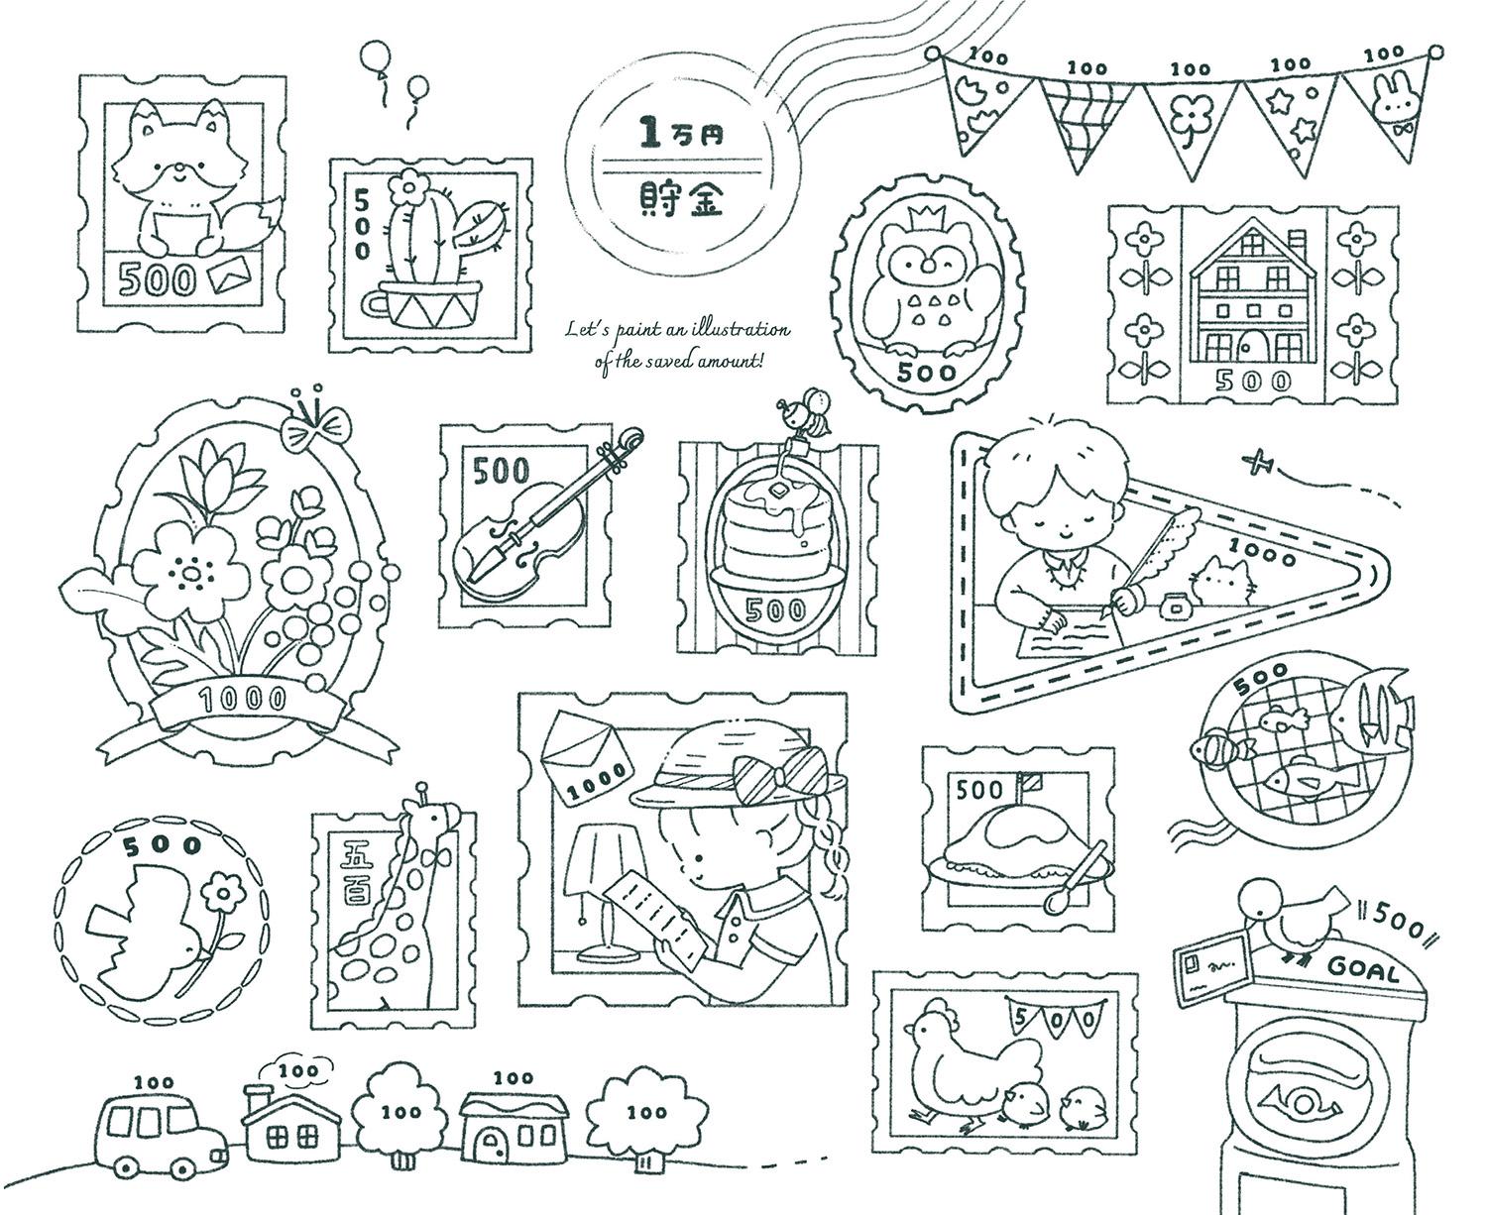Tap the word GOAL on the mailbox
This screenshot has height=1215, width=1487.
1362,971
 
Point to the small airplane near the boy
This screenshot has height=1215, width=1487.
1259,464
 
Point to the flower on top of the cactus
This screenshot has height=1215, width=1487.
408,186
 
